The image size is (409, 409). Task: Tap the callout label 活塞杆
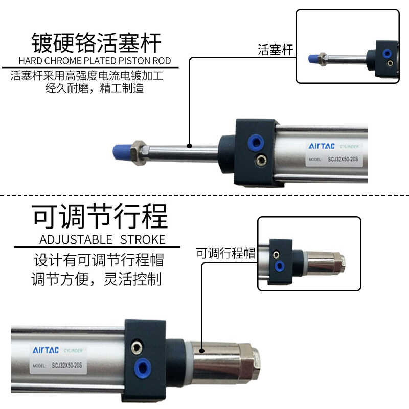pyautogui.click(x=275, y=50)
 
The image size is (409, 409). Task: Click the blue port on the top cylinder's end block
pyautogui.click(x=254, y=142)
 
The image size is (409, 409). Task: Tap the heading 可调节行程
pyautogui.click(x=100, y=217)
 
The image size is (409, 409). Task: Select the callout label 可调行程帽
pyautogui.click(x=225, y=253)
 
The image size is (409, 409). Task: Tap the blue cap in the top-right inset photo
pyautogui.click(x=312, y=59)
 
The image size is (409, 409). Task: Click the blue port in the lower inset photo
pyautogui.click(x=279, y=266)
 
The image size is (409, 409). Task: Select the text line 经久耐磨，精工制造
pyautogui.click(x=95, y=88)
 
